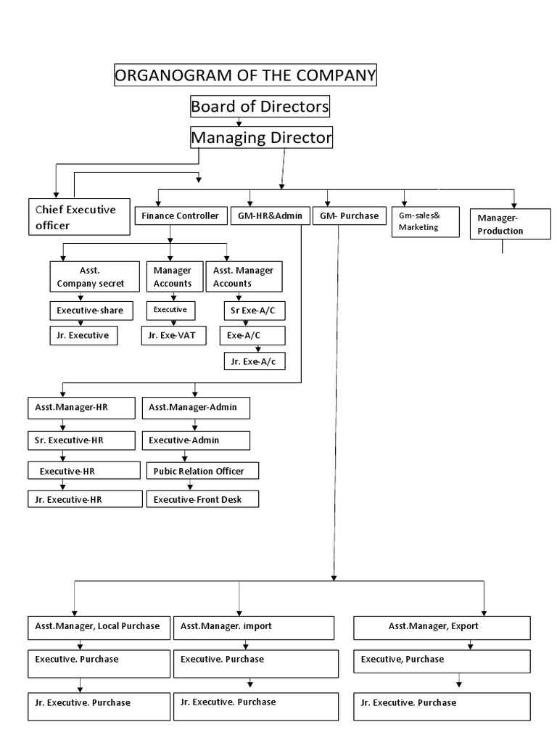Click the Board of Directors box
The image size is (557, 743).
[x=260, y=107]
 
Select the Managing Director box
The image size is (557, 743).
[x=261, y=136]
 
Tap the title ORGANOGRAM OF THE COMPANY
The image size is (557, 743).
[x=246, y=75]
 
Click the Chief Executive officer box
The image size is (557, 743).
[x=78, y=217]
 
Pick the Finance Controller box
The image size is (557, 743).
[x=180, y=216]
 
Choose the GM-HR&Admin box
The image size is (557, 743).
[x=271, y=216]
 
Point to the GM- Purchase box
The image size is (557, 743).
[x=350, y=216]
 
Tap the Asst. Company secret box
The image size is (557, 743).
[x=91, y=276]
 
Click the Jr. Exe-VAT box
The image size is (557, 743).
[x=173, y=335]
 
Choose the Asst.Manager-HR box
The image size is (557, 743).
[x=81, y=408]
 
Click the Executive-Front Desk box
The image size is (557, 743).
[x=202, y=499]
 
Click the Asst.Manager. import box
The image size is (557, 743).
[x=254, y=627]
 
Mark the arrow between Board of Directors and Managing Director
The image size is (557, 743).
[x=239, y=122]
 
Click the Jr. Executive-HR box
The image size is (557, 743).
[x=85, y=499]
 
